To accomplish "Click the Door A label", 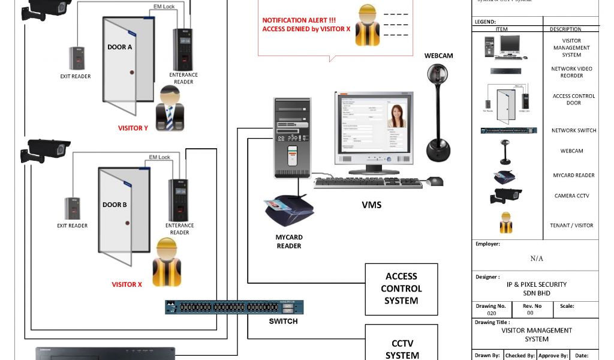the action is pos(119,47).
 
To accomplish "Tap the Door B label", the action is pos(115,205).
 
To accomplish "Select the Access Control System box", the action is pos(401,289).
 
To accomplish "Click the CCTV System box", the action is pos(402,349).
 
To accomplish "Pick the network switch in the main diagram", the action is pos(234,307).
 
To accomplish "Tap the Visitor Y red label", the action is pos(133,128).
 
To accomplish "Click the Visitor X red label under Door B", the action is pos(127,284).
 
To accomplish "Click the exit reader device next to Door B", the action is pos(73,208).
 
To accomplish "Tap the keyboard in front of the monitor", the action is pos(368,182).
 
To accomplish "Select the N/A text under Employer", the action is pos(537,259).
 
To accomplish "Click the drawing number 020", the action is pos(491,313).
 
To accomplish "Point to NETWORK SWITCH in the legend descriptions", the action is pos(574,130).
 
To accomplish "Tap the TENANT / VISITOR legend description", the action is pos(571,226).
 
